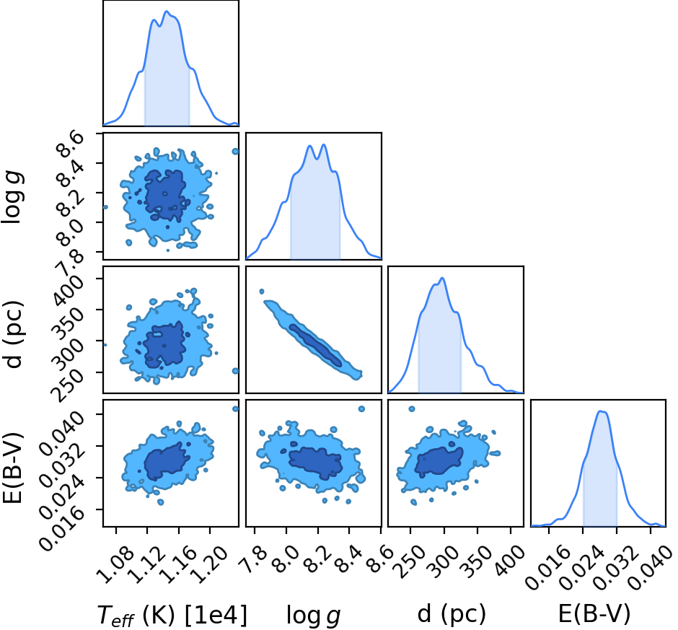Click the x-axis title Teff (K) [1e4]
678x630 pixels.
[172, 615]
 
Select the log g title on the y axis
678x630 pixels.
[12, 197]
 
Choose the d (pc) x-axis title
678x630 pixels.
[452, 614]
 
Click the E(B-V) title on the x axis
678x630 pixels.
[594, 613]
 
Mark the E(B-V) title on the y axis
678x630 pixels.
[12, 468]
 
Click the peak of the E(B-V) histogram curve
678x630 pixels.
[600, 411]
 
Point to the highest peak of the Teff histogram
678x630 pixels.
[167, 12]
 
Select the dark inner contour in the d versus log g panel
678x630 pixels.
[316, 345]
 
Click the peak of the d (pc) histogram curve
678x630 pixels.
[441, 278]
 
